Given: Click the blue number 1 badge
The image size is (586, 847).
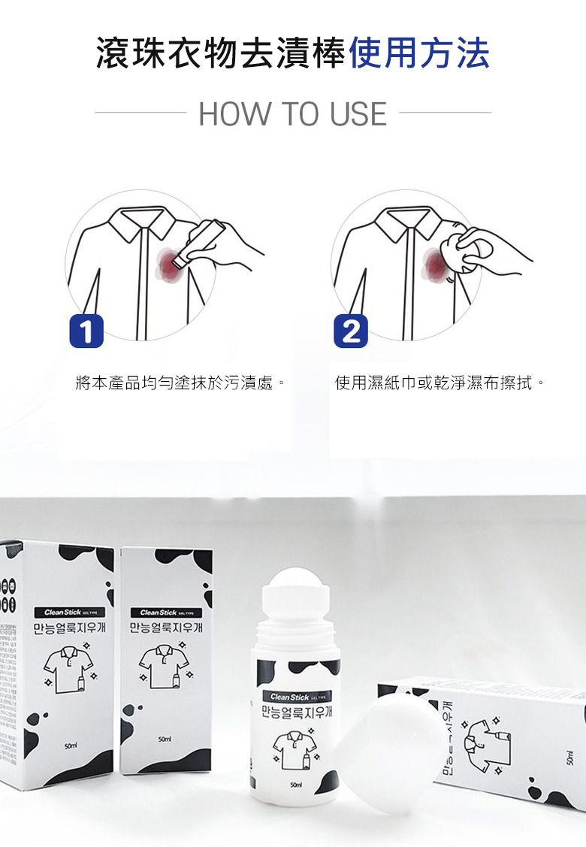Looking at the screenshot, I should click(86, 331).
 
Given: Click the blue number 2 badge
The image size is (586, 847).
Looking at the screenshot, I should click(351, 331).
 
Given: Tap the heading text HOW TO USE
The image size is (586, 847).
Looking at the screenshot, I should click(293, 113).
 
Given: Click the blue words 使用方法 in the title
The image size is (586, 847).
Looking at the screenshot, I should click(419, 53).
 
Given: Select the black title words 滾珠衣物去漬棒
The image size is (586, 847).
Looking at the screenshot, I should click(221, 53).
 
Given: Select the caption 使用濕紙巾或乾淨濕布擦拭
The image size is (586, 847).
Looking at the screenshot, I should click(439, 384).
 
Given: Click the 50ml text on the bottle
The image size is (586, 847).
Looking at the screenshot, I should click(296, 785).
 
